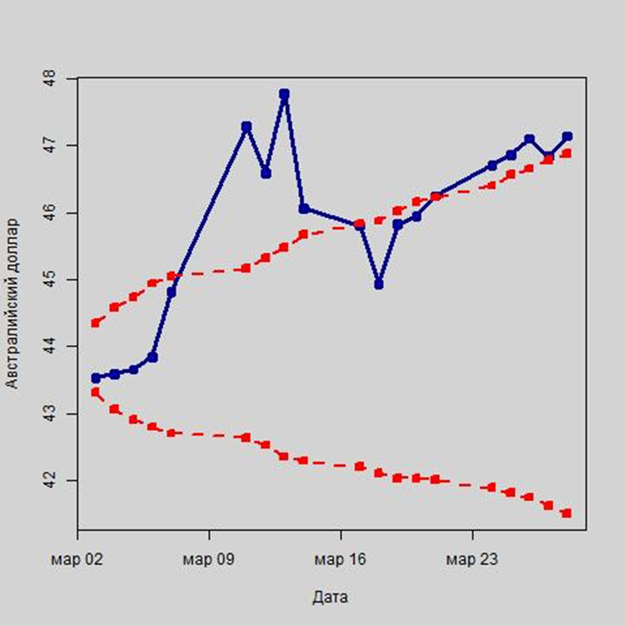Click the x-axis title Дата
pyautogui.click(x=331, y=598)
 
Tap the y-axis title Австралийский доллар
pyautogui.click(x=13, y=304)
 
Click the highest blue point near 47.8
pyautogui.click(x=285, y=94)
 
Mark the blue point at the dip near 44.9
pyautogui.click(x=379, y=285)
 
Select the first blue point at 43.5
pyautogui.click(x=96, y=378)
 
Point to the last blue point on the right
pyautogui.click(x=567, y=136)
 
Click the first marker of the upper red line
pyautogui.click(x=96, y=322)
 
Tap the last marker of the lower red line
pyautogui.click(x=567, y=513)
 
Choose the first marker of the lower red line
pyautogui.click(x=96, y=392)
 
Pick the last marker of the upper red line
pyautogui.click(x=567, y=154)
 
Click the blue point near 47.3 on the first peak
pyautogui.click(x=246, y=127)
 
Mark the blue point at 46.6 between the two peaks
pyautogui.click(x=265, y=174)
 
